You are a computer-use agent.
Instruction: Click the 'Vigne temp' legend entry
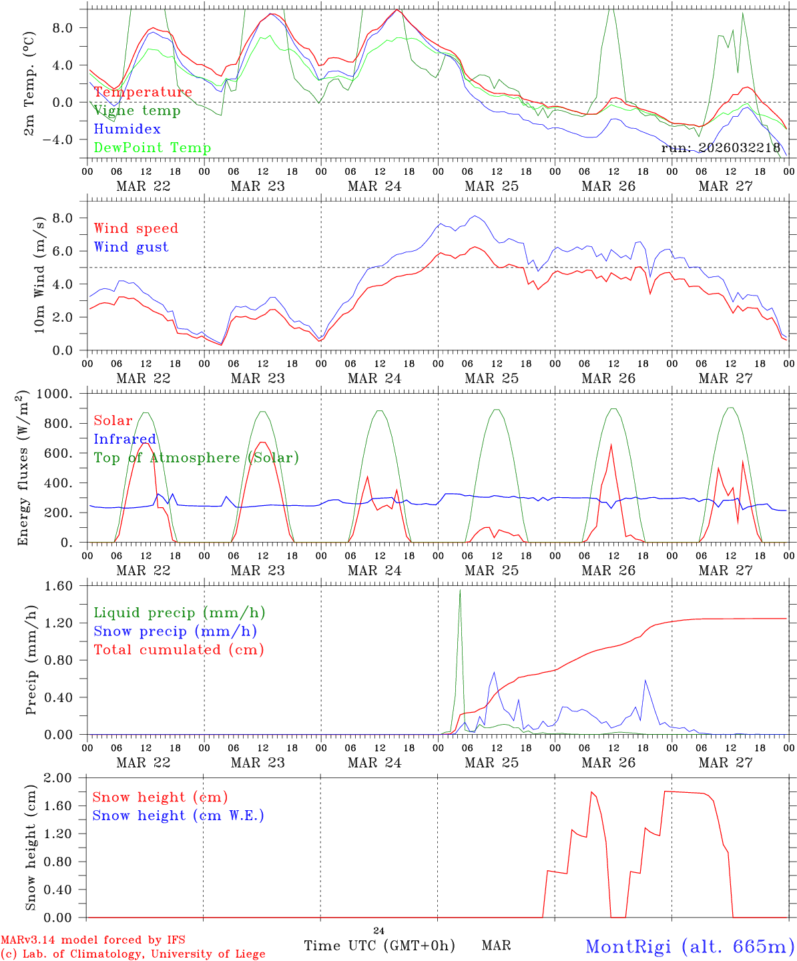click(x=137, y=111)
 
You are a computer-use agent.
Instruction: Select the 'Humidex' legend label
click(x=127, y=129)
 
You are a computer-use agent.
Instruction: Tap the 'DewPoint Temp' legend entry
click(x=152, y=148)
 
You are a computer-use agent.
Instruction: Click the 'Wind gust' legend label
click(x=131, y=247)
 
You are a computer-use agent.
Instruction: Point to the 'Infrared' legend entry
click(x=125, y=439)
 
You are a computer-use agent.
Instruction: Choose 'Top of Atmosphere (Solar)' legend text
click(x=196, y=458)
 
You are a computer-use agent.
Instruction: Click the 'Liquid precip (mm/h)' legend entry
click(x=180, y=613)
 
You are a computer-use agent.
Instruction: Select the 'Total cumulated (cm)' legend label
click(x=179, y=650)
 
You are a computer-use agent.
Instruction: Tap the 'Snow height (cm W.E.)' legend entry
click(x=178, y=816)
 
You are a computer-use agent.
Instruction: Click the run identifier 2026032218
click(x=721, y=148)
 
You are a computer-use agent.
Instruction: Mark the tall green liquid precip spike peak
click(x=460, y=591)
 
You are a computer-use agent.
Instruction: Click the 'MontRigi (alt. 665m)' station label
click(x=690, y=946)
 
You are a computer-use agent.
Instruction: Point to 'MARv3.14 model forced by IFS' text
click(x=93, y=940)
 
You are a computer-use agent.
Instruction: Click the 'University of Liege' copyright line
click(x=133, y=954)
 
